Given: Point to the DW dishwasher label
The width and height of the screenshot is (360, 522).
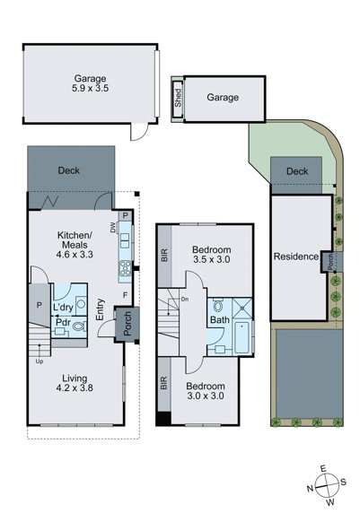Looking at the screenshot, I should pos(114,230).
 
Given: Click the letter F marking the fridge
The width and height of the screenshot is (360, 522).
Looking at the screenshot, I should pos(124,293).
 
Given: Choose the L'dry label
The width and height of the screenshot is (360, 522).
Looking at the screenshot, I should pos(63,309).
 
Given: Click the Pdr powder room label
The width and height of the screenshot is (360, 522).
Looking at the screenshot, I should pos(63,323).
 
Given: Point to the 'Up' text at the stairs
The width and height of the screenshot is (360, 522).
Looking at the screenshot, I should pos(39,361).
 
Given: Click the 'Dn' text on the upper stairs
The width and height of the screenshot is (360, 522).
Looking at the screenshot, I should pos(185,300).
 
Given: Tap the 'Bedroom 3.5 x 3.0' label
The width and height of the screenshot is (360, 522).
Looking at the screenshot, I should pos(212,255).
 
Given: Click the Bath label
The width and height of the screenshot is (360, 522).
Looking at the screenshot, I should pos(219,319).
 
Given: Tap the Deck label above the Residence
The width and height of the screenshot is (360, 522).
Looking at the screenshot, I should pos(296,171).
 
